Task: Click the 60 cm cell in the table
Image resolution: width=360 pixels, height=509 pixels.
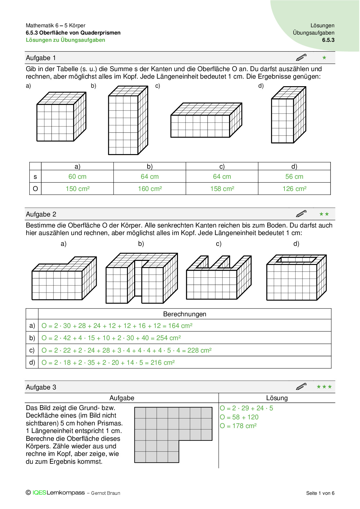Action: pos(77,176)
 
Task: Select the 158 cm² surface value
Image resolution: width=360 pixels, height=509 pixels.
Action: pos(222,189)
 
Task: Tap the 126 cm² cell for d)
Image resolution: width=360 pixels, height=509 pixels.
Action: pos(294,189)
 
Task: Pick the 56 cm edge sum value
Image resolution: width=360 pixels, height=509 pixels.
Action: pos(294,176)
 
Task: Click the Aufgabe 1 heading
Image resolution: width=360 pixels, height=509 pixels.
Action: pos(41,58)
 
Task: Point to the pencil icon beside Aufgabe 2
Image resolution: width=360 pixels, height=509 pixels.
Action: pos(301,214)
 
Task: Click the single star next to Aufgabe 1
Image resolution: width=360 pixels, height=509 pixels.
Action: pos(324,58)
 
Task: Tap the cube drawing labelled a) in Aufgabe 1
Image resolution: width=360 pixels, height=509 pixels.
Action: pos(61,117)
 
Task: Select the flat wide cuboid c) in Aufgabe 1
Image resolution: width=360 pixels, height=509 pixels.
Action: pos(206,120)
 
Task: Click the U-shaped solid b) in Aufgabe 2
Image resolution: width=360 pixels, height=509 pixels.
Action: pos(141,278)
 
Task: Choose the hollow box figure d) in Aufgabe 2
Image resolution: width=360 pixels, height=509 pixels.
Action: pos(296,277)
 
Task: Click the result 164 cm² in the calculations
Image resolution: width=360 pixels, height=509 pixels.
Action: pos(180,326)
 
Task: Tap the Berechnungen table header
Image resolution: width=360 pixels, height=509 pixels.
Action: pos(185,314)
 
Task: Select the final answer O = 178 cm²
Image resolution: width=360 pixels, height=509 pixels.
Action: pos(238,426)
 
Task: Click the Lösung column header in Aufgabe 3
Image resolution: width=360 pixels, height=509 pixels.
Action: pos(277,398)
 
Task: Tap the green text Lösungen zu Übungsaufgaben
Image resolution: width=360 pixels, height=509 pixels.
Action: pos(65,40)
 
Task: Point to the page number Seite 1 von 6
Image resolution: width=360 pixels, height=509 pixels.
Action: pos(320,493)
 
